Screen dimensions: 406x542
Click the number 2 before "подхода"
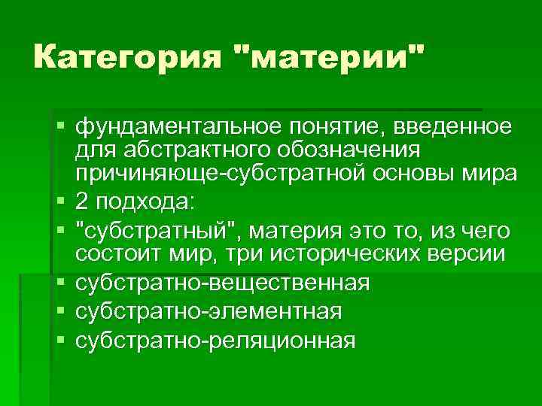[81, 203]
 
